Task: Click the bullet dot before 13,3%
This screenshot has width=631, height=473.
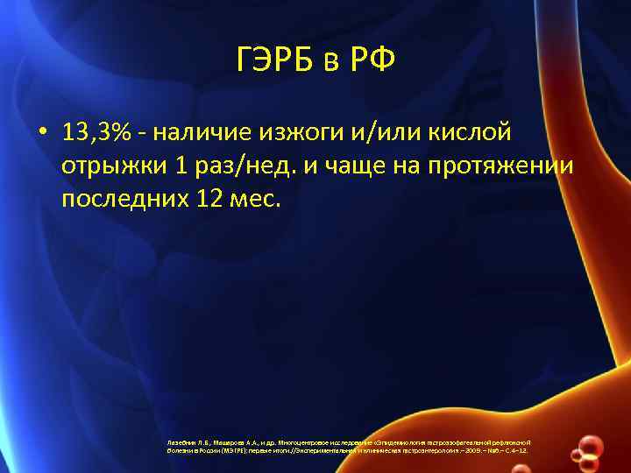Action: tap(42, 133)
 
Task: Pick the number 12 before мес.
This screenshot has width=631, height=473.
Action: tap(204, 199)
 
